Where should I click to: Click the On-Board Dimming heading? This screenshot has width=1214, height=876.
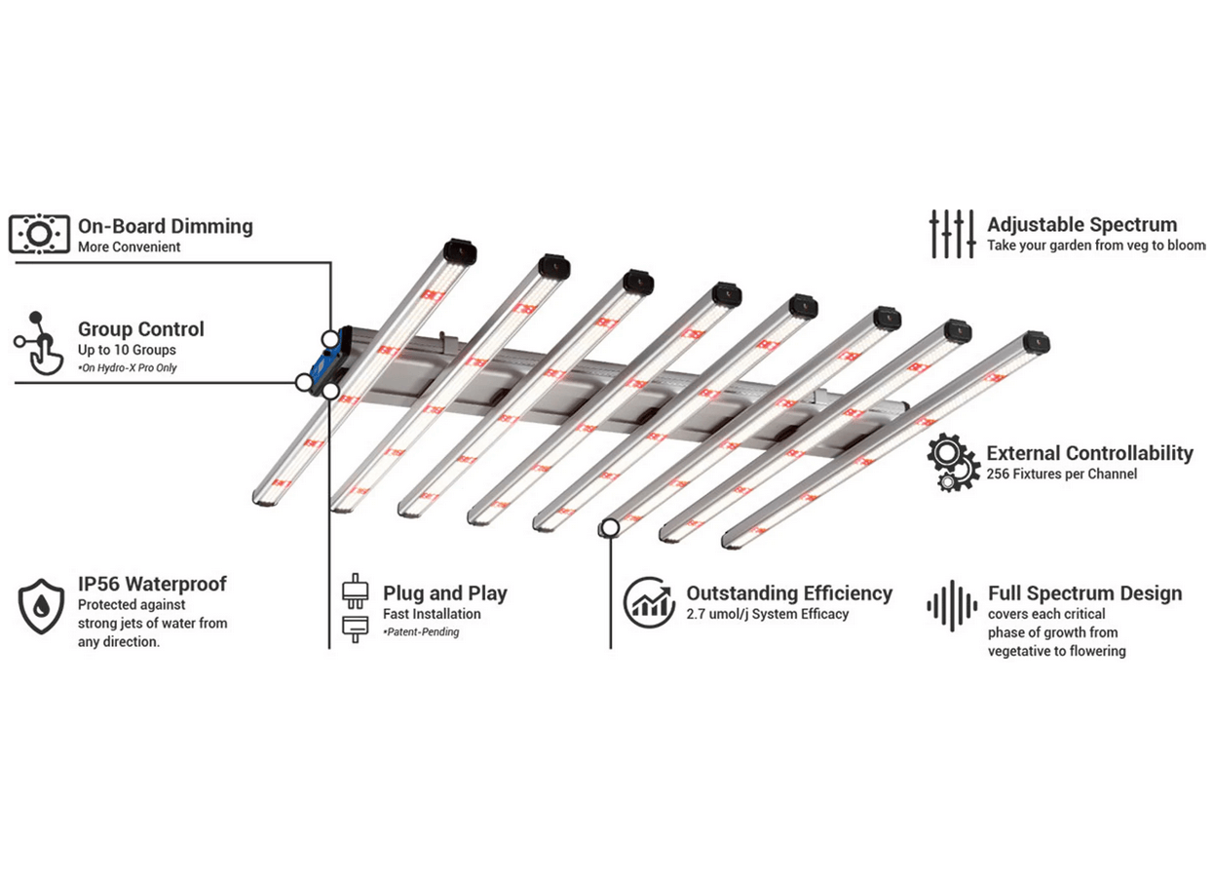point(165,226)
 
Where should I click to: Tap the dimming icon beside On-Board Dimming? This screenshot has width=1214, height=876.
point(39,235)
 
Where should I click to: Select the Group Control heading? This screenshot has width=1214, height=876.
point(141,329)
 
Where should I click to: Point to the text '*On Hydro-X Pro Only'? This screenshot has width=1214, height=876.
point(128,367)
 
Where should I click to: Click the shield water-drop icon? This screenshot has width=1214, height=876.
point(42,605)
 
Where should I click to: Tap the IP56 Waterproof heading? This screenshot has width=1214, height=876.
point(152,584)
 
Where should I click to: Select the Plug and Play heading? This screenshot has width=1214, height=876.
point(444,592)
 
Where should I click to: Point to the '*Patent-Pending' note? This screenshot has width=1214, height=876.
point(421,632)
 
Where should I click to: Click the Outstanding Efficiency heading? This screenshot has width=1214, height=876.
point(789,592)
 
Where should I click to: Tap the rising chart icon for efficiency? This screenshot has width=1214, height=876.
point(649,602)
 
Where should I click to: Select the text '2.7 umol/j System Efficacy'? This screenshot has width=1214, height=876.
point(768,614)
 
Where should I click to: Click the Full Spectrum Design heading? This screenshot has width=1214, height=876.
point(1084,592)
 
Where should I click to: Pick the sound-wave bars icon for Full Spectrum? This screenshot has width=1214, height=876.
point(951,606)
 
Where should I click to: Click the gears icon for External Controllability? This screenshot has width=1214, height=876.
point(953,463)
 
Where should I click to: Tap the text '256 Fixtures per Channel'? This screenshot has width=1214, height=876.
point(1061,474)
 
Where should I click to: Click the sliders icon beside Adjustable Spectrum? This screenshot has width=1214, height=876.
point(952,234)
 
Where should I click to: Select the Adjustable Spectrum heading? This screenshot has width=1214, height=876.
point(1081,224)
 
